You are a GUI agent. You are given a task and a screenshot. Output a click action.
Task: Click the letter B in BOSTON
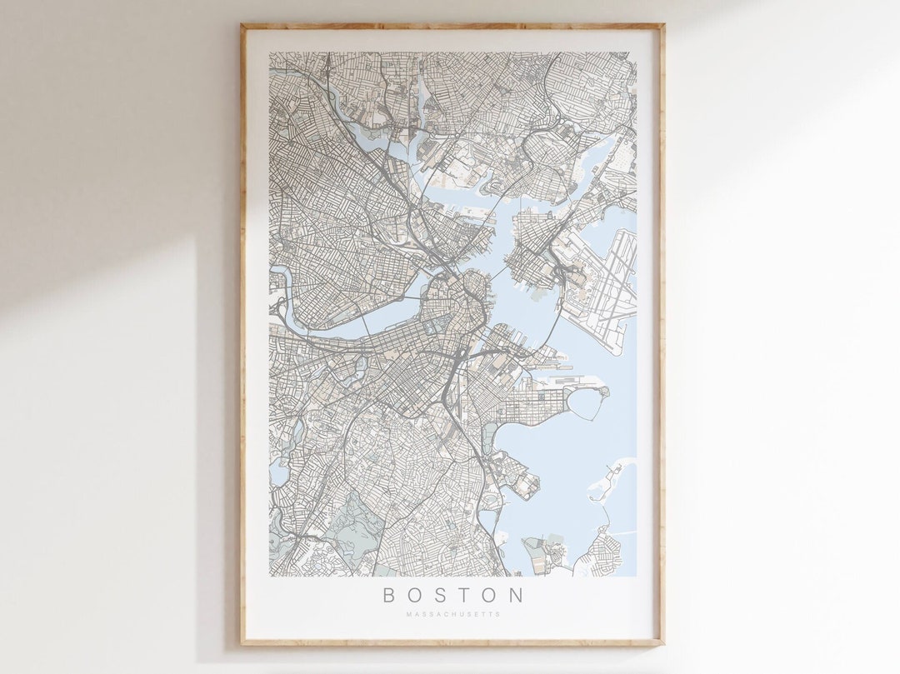coord(388,595)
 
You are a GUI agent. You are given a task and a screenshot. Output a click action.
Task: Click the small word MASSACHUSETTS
coord(453,615)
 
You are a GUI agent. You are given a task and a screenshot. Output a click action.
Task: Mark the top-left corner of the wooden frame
coord(242,26)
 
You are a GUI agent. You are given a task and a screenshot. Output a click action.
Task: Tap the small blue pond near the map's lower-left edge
coord(278,473)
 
